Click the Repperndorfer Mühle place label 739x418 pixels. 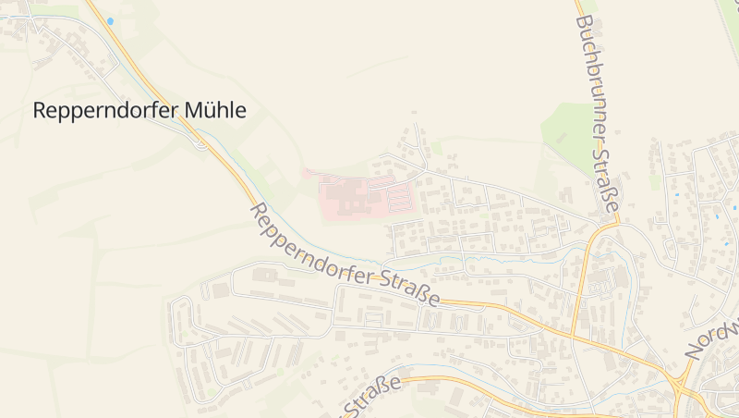pos(139,110)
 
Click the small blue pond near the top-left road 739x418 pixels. pos(111,20)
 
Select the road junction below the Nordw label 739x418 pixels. pos(684,380)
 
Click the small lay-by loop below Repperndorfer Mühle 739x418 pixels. pos(200,142)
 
